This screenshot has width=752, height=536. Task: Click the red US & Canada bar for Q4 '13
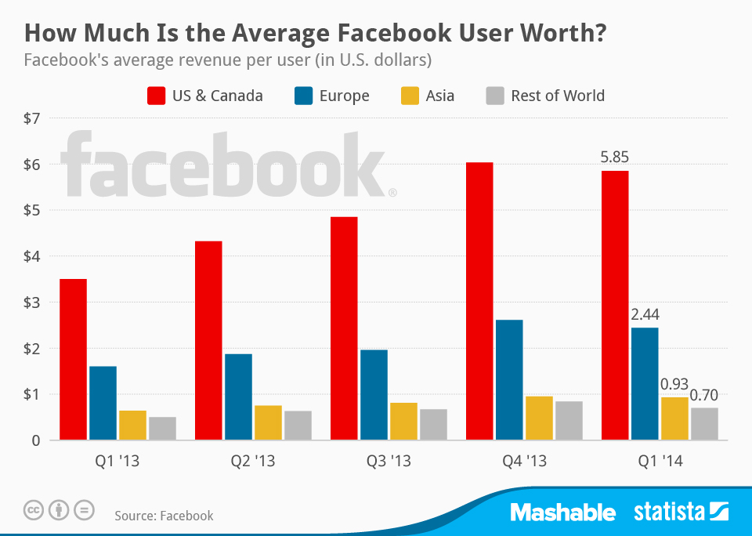coord(479,302)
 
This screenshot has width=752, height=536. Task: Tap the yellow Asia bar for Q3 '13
coord(403,421)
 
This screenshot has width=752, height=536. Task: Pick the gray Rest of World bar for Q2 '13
coord(298,426)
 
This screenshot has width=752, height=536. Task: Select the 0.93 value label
coord(674,385)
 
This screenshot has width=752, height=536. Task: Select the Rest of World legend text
coord(557,96)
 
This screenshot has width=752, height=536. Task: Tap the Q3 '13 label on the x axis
coord(389,462)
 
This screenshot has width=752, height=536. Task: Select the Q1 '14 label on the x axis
coord(660,462)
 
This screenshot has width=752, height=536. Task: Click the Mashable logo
coord(562,512)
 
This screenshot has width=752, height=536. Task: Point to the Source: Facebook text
coord(164,515)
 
